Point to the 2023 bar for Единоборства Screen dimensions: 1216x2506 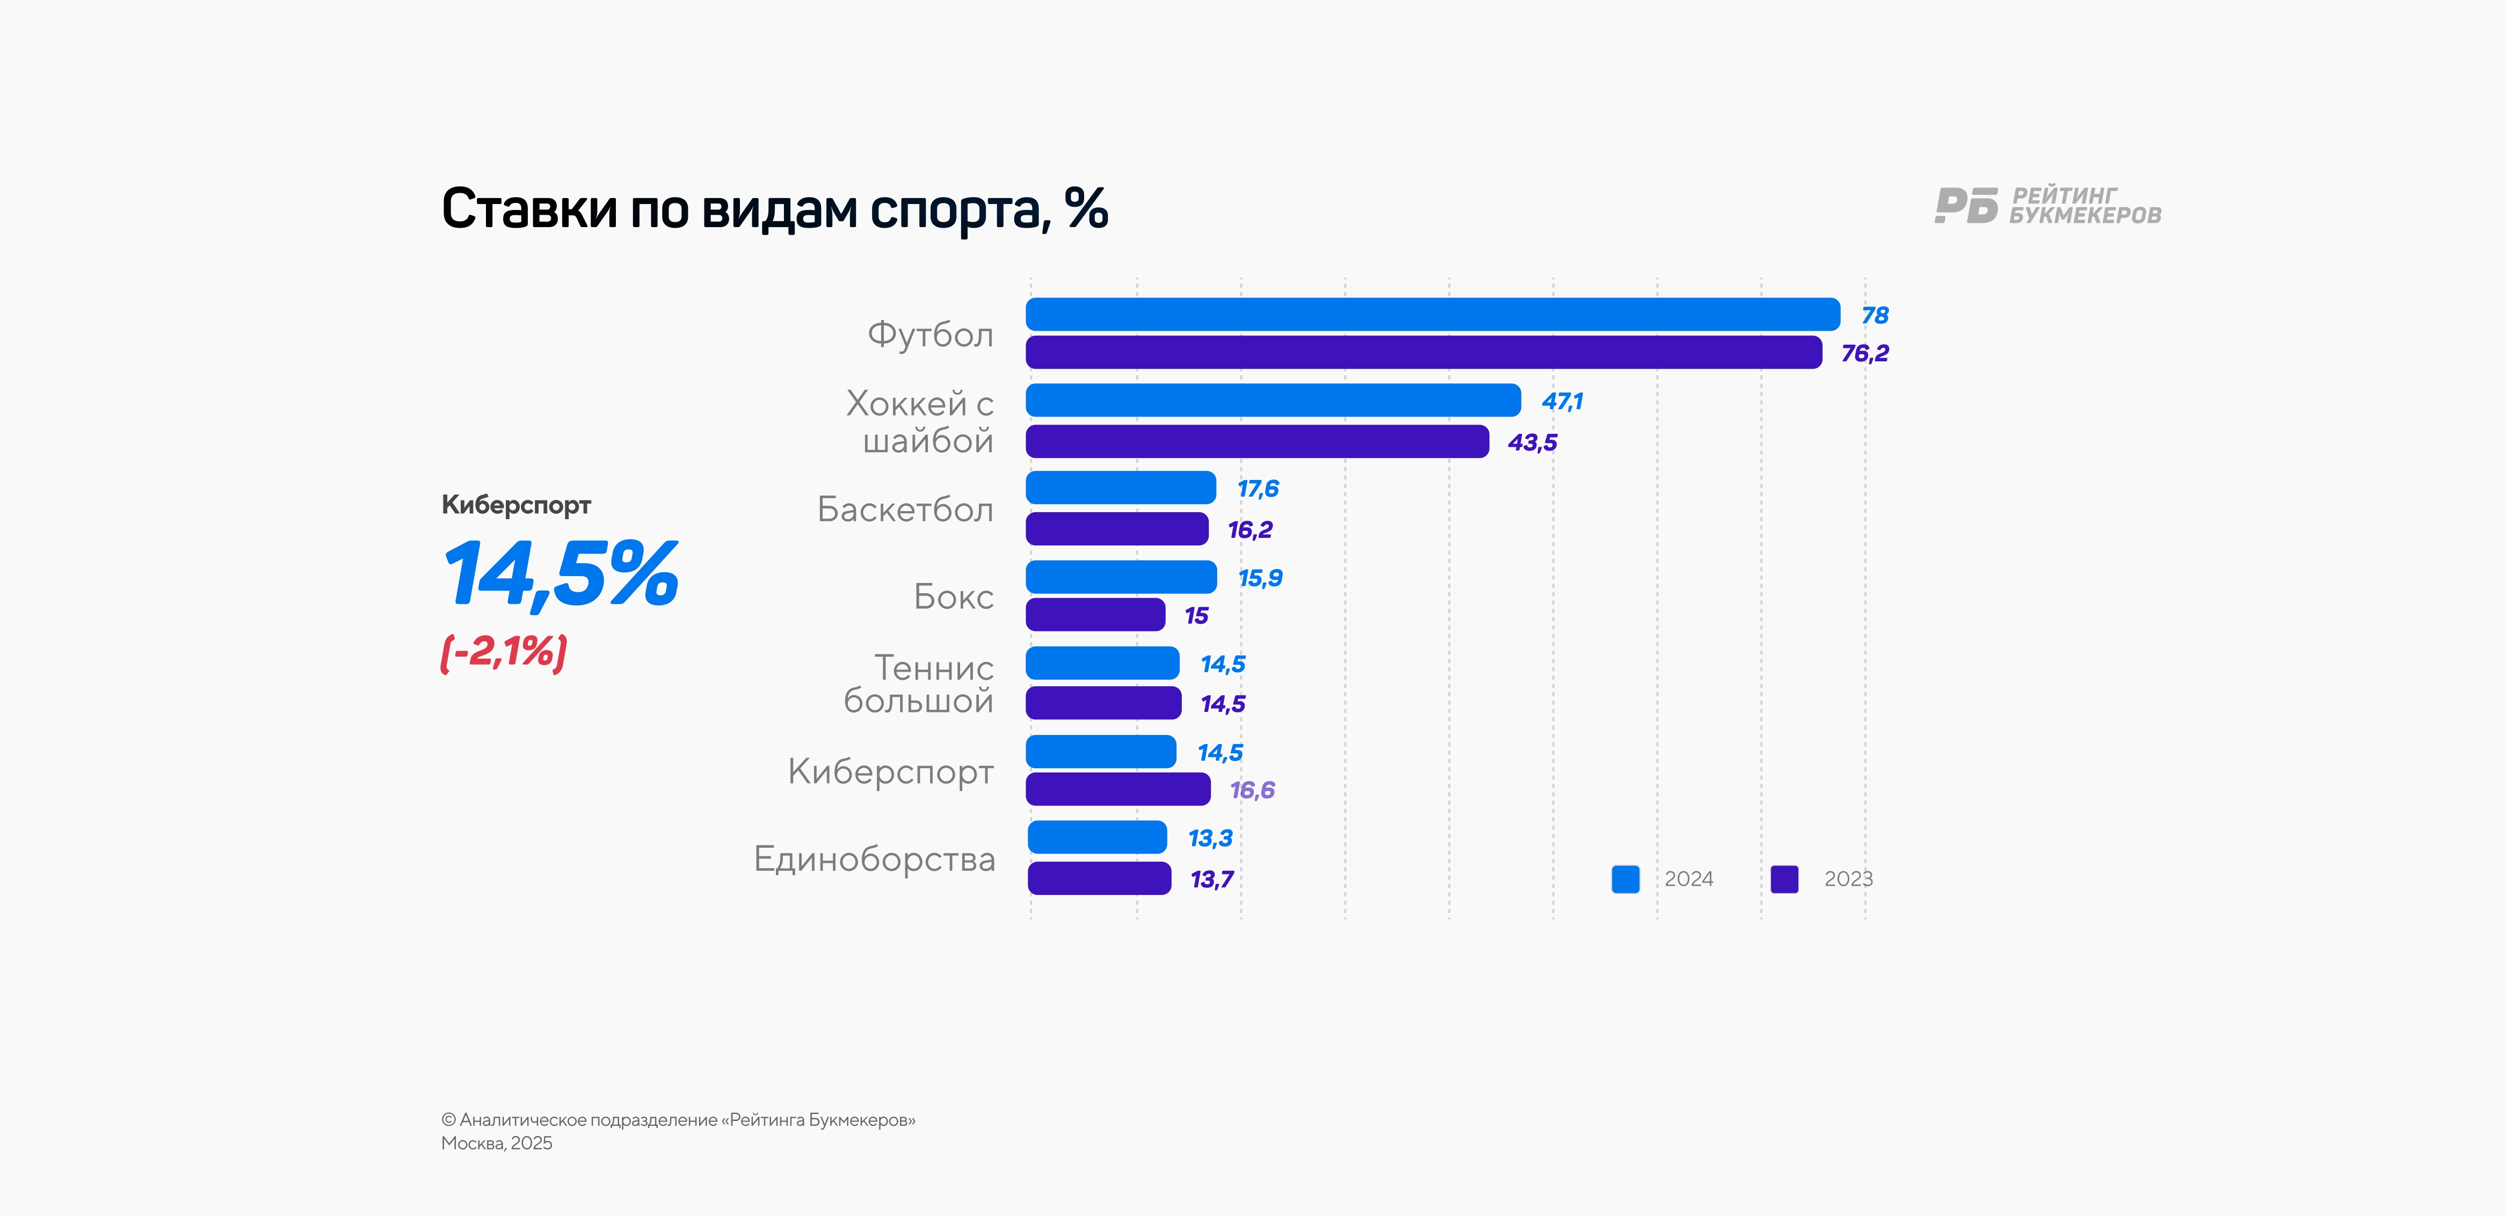(x=1099, y=878)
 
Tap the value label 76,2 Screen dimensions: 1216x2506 (x=1864, y=353)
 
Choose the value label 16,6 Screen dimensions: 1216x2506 (x=1252, y=790)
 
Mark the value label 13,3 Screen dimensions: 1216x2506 (x=1210, y=838)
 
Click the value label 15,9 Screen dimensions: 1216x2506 (x=1260, y=578)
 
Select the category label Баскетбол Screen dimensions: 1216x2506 (x=905, y=509)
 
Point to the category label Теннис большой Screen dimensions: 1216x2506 (x=919, y=684)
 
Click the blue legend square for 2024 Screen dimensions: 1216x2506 (x=1625, y=878)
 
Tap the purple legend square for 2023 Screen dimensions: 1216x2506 (x=1784, y=878)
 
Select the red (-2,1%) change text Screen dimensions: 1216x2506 (x=504, y=652)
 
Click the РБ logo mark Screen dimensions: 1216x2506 (x=1966, y=205)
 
